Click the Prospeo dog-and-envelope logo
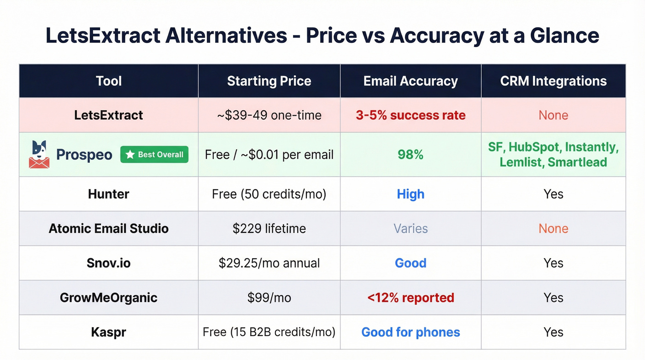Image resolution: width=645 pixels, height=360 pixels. point(39,154)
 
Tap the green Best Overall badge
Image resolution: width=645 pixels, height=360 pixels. point(154,154)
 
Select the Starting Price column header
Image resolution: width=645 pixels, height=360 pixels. point(269,81)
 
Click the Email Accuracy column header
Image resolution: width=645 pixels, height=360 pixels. point(410,81)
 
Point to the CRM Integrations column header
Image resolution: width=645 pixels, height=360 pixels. point(553,81)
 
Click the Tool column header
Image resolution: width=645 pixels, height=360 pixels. point(109,81)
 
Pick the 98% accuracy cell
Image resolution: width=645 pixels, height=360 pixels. point(410,154)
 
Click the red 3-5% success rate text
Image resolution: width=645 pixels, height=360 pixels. point(410,115)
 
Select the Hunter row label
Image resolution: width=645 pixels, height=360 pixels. point(109,194)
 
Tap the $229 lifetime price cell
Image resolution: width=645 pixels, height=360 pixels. point(269,229)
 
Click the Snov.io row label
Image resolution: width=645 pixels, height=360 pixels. point(109,263)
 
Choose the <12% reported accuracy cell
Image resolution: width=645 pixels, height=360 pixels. point(410,298)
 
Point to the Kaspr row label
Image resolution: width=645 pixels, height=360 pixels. point(109,332)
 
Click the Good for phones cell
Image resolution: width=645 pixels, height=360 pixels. point(410,332)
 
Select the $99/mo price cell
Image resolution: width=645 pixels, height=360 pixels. point(269,298)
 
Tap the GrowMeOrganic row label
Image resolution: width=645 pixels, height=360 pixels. point(109,298)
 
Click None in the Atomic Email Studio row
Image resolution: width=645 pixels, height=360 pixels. point(553,229)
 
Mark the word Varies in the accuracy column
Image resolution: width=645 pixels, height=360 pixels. point(410,229)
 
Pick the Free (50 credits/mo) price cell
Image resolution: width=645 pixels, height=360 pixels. point(269,194)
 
